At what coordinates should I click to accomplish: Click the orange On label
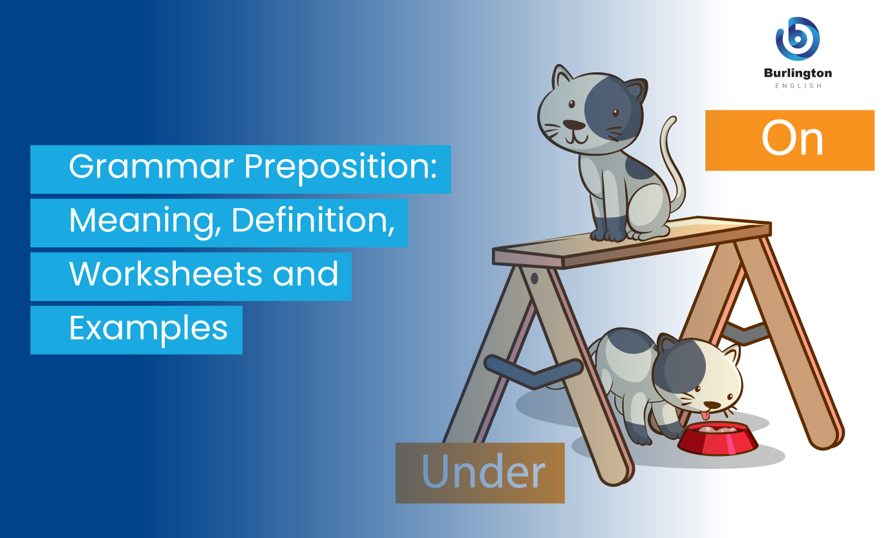click(789, 140)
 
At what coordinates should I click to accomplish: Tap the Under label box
click(480, 473)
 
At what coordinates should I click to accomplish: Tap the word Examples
click(149, 328)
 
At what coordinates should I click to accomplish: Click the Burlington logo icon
click(797, 39)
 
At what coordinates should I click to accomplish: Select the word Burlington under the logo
click(798, 73)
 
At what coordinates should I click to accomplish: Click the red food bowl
click(718, 439)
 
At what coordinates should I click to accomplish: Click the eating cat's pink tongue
click(707, 414)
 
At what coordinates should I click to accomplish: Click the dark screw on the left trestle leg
click(535, 279)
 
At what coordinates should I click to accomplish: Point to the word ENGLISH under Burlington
click(798, 85)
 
